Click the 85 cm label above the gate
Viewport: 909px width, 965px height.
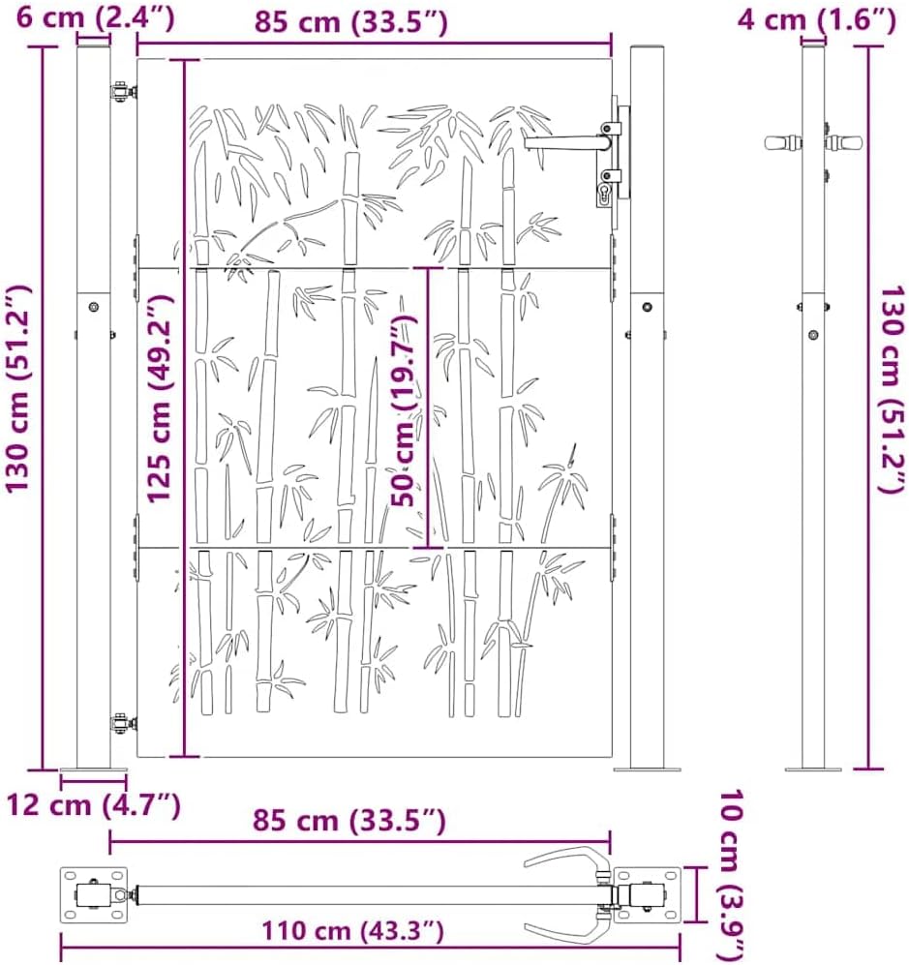350,21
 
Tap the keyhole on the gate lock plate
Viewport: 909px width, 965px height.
607,195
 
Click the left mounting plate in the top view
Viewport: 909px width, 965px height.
94,893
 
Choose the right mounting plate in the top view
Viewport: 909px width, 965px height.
647,892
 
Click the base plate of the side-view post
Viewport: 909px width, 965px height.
813,769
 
